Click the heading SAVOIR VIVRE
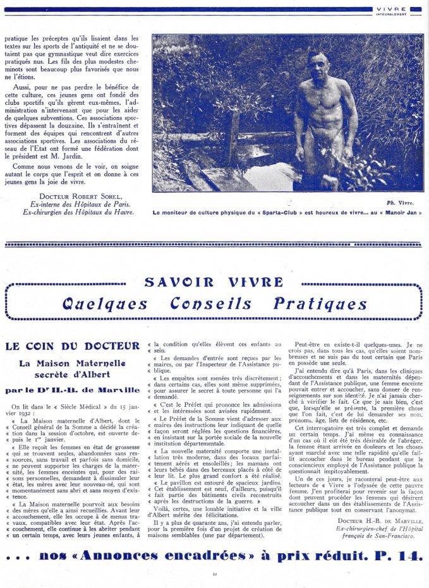pyautogui.click(x=214, y=282)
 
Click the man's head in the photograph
pyautogui.click(x=318, y=64)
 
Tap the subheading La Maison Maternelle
pyautogui.click(x=72, y=363)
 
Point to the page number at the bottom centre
pyautogui.click(x=215, y=574)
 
